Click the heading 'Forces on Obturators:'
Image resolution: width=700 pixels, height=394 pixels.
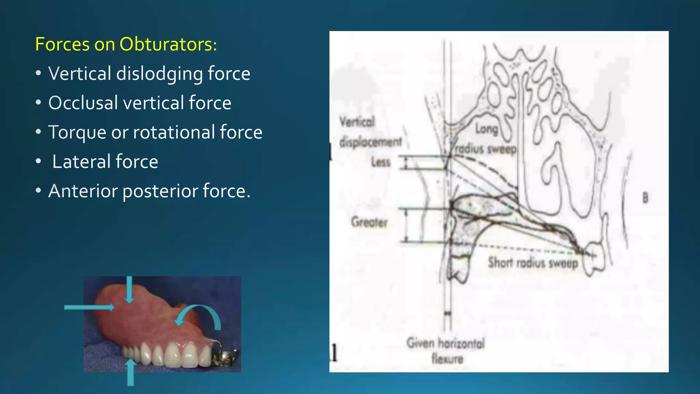coord(126,44)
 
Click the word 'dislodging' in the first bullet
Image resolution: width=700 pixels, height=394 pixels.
coord(159,74)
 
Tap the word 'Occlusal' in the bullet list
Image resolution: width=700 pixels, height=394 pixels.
coord(83,103)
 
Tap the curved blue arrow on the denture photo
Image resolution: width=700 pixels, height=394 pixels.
coord(202,315)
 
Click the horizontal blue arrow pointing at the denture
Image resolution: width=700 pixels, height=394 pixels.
coord(89,307)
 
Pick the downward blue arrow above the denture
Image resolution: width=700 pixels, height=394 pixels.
coord(129,289)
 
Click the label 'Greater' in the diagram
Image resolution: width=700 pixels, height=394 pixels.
coord(369,222)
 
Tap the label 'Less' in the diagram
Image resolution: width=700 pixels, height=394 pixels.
coord(381,162)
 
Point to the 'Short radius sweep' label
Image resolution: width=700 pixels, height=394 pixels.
coord(533,263)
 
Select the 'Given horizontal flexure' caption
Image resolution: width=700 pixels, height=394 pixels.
coord(446,351)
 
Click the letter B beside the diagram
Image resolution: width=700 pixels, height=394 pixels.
coord(645,198)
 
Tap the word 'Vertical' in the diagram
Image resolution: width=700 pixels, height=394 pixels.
coord(357,121)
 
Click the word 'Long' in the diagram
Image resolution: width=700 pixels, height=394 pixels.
coord(487,129)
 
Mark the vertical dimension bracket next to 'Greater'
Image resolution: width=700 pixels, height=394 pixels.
coord(406,226)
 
